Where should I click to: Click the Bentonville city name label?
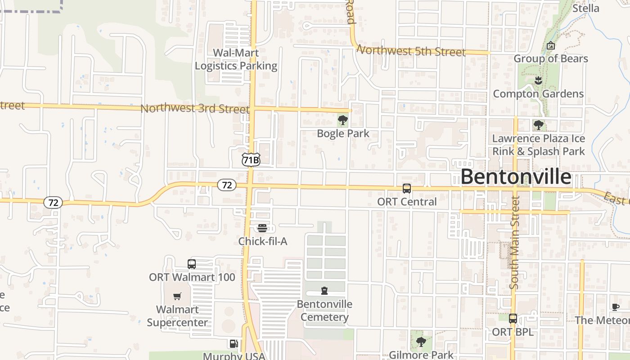[516, 177]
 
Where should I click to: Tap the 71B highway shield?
[251, 160]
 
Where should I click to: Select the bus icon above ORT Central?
[407, 189]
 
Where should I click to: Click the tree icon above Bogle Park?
[343, 120]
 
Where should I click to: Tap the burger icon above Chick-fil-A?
[263, 228]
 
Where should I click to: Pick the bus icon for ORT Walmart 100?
[192, 264]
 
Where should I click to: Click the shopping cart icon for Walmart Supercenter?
[177, 297]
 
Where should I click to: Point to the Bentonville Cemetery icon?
[324, 291]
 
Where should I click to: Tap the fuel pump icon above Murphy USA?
[233, 344]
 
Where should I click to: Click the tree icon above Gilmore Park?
[421, 342]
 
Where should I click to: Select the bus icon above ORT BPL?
[513, 319]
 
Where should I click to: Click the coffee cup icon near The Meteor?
[616, 307]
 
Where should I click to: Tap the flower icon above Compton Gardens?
[538, 81]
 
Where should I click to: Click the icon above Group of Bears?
[550, 45]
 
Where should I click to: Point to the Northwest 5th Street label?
[411, 51]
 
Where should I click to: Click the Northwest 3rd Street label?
[194, 109]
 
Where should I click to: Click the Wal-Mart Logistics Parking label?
[236, 59]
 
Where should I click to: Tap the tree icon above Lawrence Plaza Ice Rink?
[538, 125]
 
